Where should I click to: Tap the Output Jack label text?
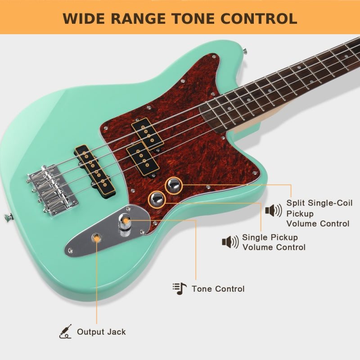coord(101,332)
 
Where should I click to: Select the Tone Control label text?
coord(218,289)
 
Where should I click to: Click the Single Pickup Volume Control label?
coord(274,242)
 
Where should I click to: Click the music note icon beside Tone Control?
coord(180,288)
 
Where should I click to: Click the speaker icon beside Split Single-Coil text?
coord(273,210)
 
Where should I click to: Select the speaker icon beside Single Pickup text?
coord(230,242)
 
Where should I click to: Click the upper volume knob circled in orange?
coord(174,185)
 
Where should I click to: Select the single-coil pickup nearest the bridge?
coord(94,171)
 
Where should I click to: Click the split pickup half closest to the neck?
coord(147,134)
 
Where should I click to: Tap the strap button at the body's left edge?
coord(8,217)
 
